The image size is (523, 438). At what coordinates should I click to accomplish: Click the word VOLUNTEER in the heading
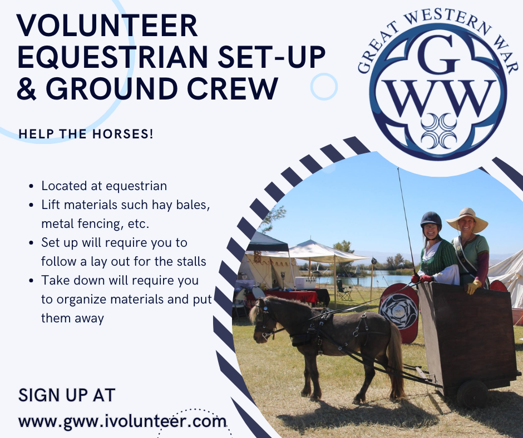coord(107,26)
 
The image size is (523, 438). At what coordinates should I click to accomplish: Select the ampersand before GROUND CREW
coord(26,89)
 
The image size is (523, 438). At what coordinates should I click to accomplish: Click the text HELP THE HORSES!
coord(86,134)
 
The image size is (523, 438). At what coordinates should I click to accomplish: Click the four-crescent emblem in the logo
coord(438,131)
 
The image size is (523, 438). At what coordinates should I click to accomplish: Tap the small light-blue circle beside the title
coord(324,87)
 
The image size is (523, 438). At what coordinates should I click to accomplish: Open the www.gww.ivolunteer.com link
coord(122,421)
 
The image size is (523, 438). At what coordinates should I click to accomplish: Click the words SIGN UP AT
coord(67,395)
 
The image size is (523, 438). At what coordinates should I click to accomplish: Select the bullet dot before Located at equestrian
coord(31,186)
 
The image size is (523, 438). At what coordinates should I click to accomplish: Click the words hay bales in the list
coord(181,205)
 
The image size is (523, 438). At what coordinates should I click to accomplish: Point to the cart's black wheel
coord(472,394)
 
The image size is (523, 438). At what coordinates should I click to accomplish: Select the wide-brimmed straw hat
coord(467,220)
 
